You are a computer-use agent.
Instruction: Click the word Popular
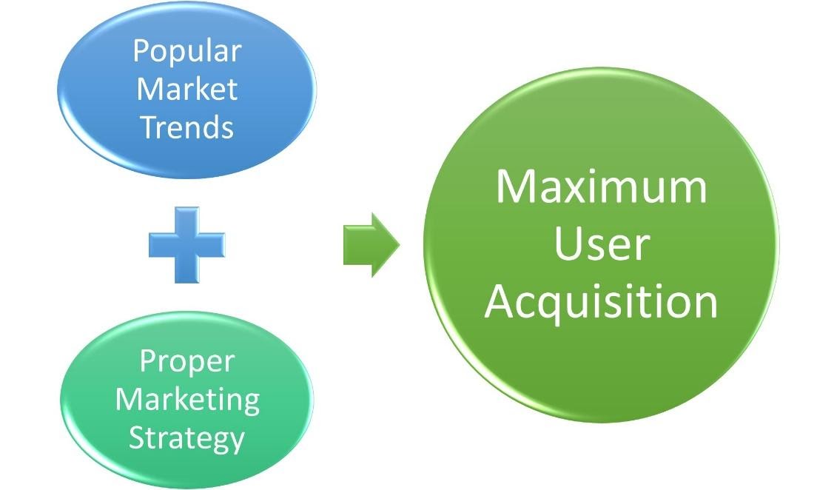[187, 52]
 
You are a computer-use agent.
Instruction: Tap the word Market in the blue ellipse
[187, 90]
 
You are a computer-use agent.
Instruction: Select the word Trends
[187, 127]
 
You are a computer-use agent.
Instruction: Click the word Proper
[186, 362]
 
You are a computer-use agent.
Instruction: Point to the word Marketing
[187, 400]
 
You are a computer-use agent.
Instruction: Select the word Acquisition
[601, 302]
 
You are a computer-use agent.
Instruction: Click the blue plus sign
[186, 245]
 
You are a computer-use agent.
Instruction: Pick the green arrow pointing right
[371, 245]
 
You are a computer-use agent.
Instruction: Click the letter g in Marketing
[249, 403]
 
